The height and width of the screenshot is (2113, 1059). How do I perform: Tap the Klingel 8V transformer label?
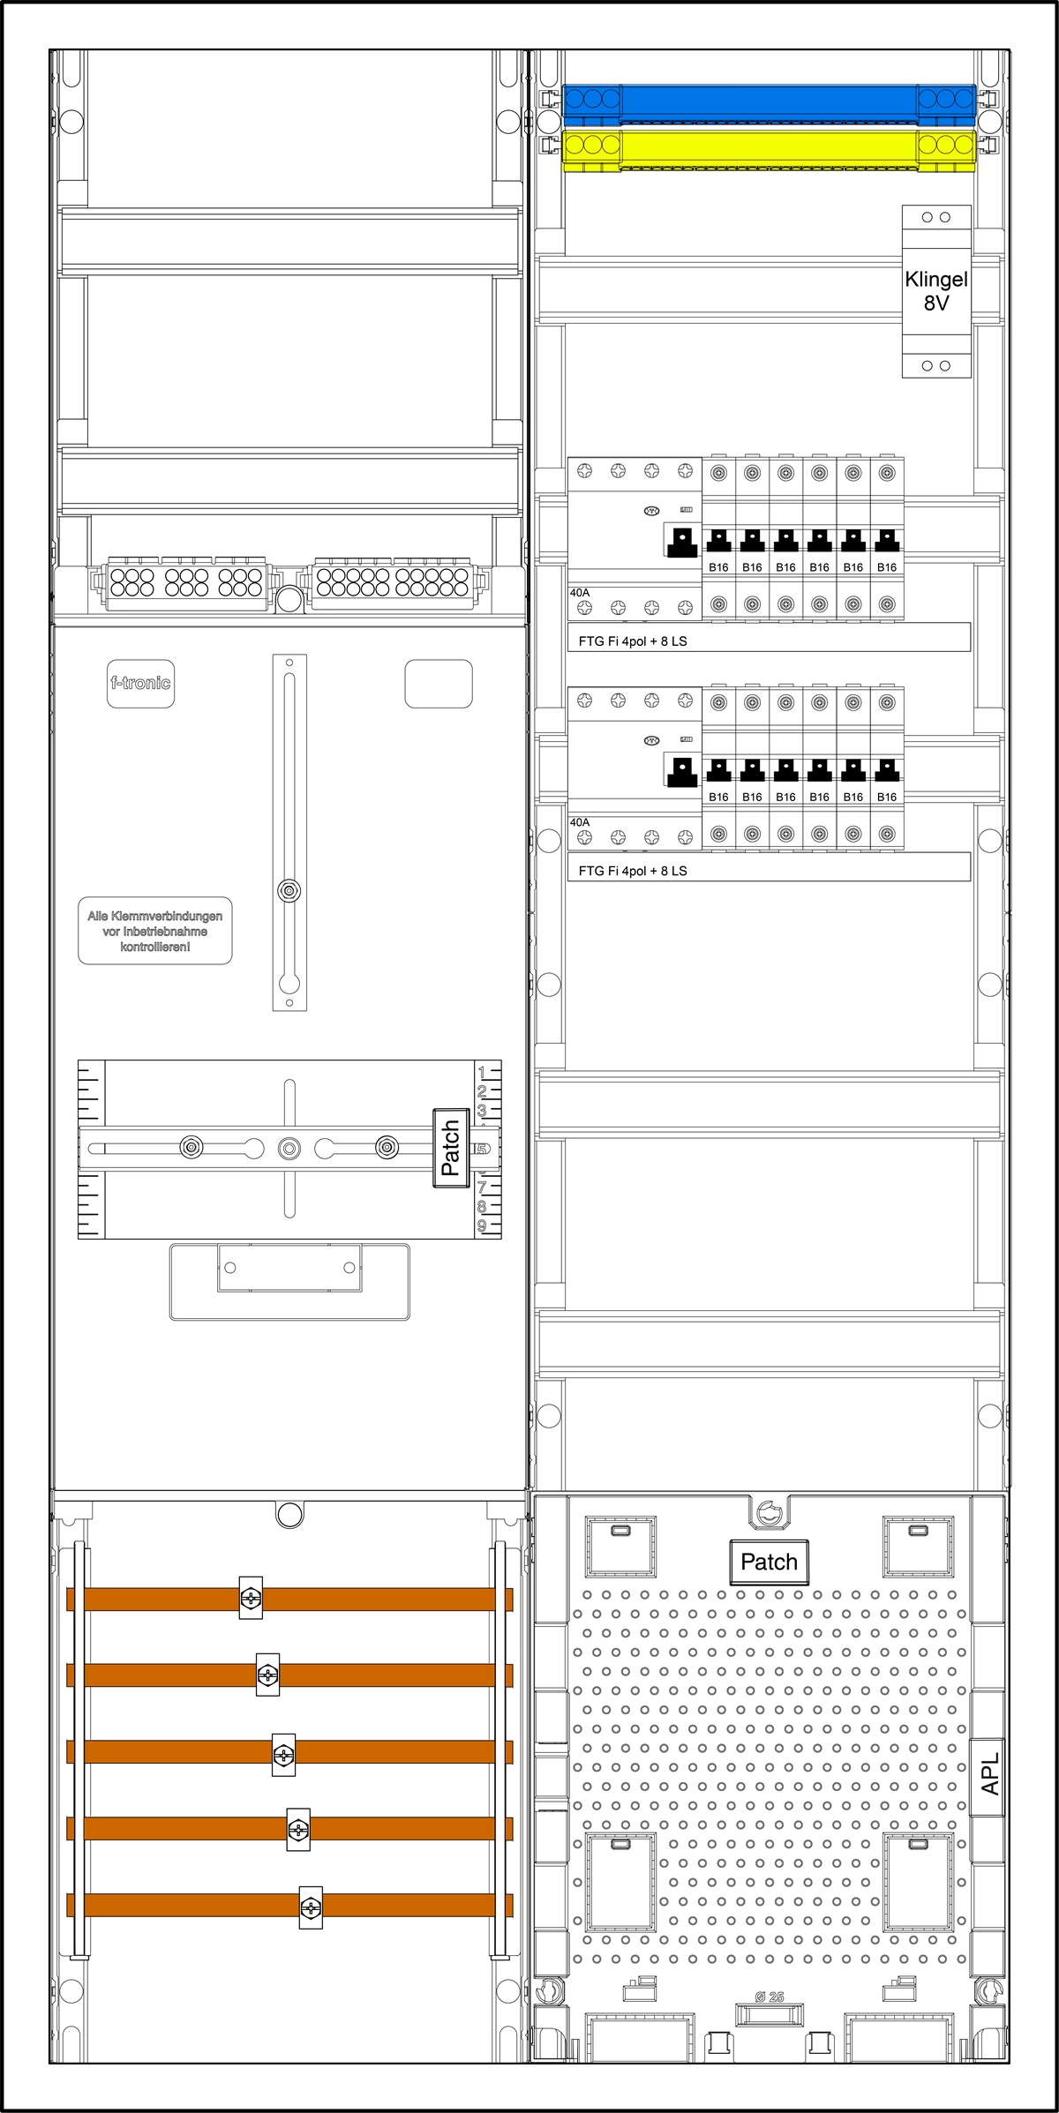point(936,291)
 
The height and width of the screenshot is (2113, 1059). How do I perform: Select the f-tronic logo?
point(140,683)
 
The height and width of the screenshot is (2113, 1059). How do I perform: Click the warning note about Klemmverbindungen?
point(155,932)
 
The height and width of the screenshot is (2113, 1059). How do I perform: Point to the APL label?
point(990,1773)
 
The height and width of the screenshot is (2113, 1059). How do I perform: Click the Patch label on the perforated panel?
point(769,1562)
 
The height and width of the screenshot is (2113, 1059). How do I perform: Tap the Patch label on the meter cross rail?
point(451,1147)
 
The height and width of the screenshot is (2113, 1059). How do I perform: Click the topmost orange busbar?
point(289,1599)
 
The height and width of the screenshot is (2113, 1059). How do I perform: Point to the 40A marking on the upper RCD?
point(580,593)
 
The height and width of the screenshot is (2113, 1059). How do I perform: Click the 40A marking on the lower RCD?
point(580,822)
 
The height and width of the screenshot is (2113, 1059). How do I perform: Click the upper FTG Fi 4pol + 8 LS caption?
point(633,641)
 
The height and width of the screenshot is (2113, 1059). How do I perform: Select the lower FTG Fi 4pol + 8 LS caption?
point(633,871)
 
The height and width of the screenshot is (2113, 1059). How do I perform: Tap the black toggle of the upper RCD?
point(681,542)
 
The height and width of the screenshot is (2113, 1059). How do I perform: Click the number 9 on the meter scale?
point(482,1225)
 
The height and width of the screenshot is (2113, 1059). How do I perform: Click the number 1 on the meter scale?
point(482,1073)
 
